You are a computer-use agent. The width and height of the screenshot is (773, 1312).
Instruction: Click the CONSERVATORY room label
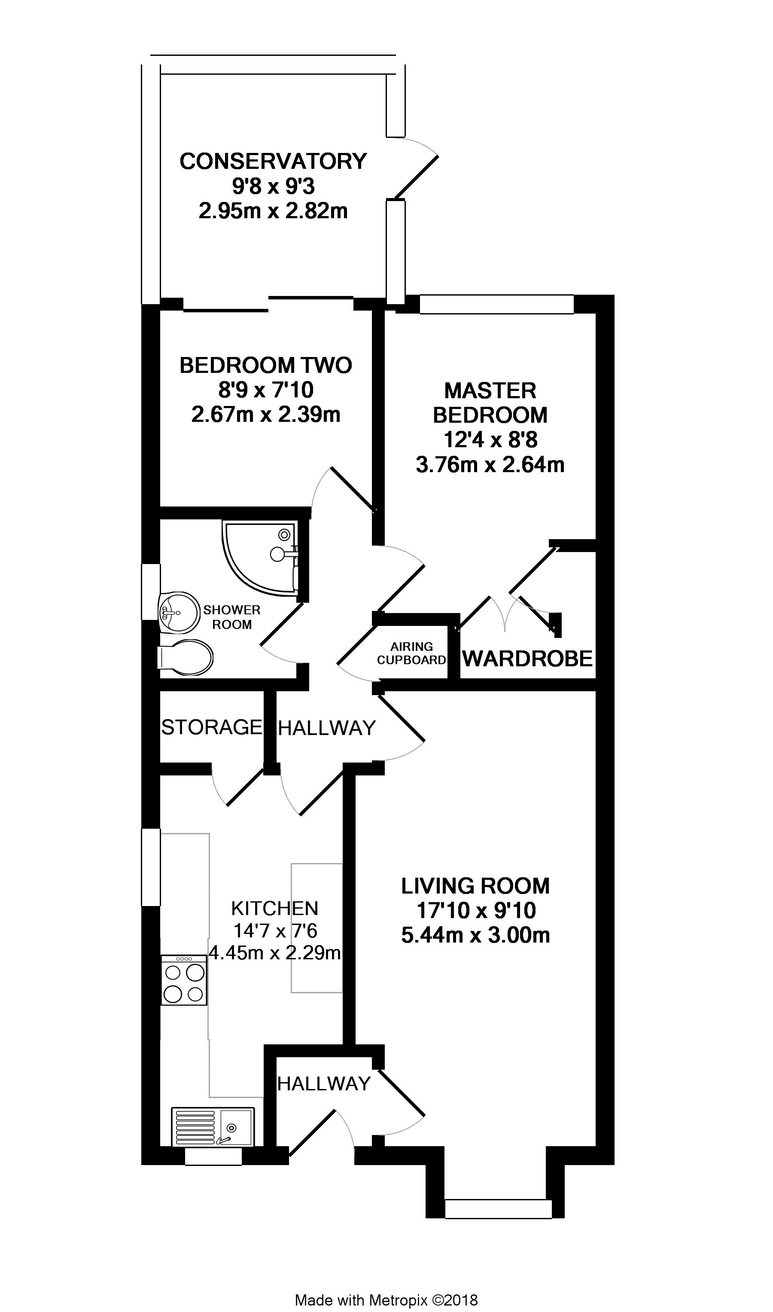click(x=273, y=162)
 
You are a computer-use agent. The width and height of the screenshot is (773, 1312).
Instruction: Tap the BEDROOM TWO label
click(x=266, y=365)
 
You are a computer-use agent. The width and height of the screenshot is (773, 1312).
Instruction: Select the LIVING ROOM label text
click(x=475, y=886)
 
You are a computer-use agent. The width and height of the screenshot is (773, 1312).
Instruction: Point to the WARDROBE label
click(x=528, y=659)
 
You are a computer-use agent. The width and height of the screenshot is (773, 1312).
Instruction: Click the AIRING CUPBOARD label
click(x=411, y=653)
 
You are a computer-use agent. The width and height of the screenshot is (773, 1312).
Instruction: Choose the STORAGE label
click(x=211, y=727)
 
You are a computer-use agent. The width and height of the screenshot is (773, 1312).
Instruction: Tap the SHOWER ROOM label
click(x=232, y=617)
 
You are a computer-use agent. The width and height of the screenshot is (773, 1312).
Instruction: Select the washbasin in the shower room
click(x=179, y=612)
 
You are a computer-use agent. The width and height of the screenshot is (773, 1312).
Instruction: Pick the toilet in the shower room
click(x=185, y=658)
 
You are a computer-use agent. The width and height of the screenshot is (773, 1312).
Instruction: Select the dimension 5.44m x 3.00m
click(x=475, y=935)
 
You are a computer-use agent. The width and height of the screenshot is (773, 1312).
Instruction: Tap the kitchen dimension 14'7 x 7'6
click(x=274, y=930)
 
